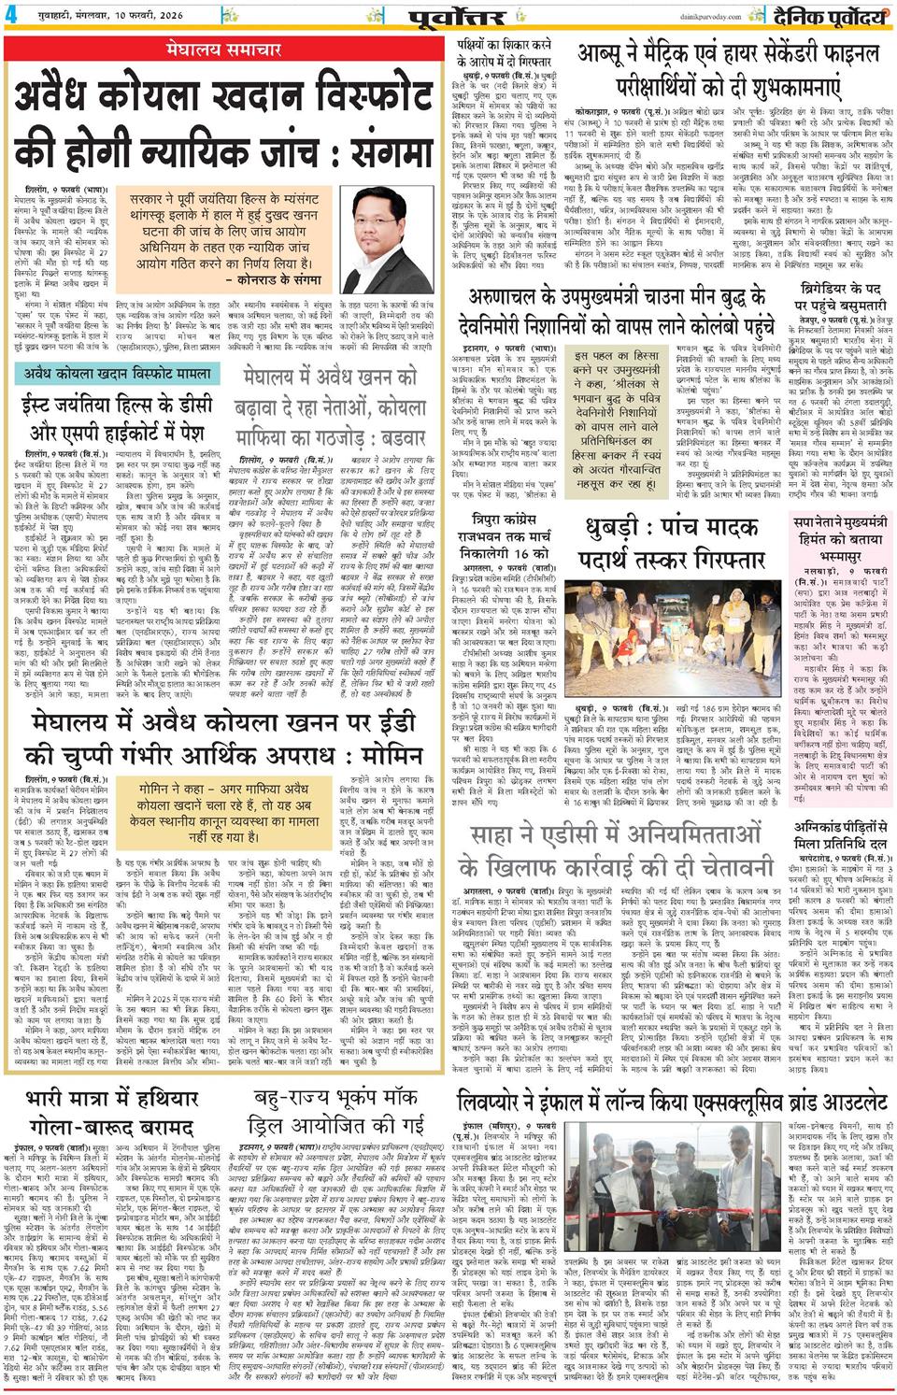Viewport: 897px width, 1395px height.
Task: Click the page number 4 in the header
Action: pos(8,13)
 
